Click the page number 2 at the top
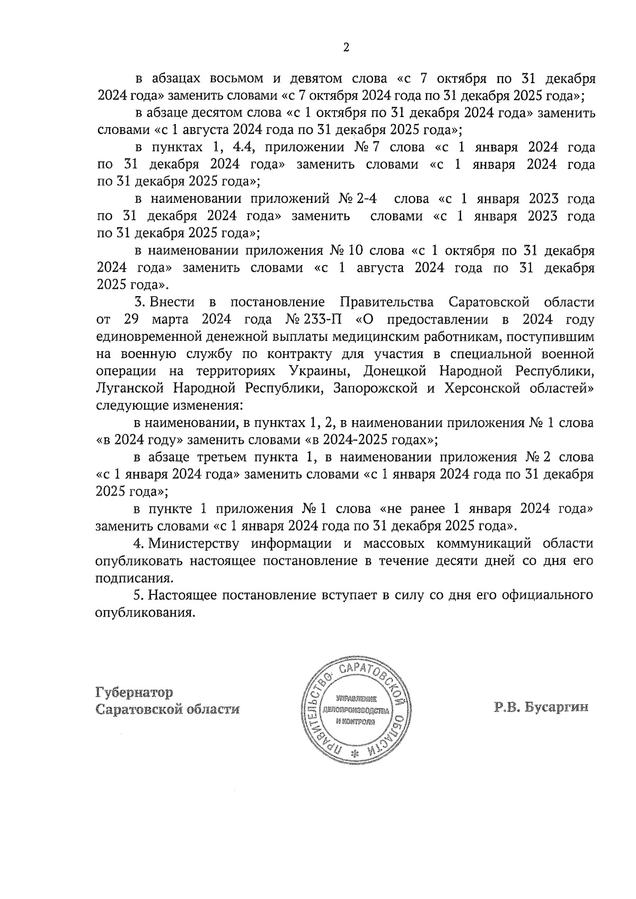(346, 48)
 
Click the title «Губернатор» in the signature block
(134, 692)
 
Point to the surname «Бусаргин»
(556, 708)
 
